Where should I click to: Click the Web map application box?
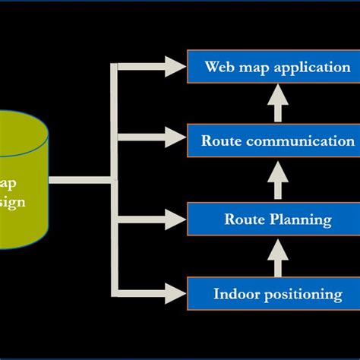[277, 66]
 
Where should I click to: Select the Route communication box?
[277, 141]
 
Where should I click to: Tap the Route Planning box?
[277, 219]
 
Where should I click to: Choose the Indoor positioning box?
[277, 293]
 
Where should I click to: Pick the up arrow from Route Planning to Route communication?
[277, 180]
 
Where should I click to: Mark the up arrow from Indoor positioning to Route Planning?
[277, 257]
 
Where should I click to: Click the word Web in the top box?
[218, 66]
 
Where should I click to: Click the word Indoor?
[237, 293]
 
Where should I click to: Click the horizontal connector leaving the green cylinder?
[80, 181]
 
